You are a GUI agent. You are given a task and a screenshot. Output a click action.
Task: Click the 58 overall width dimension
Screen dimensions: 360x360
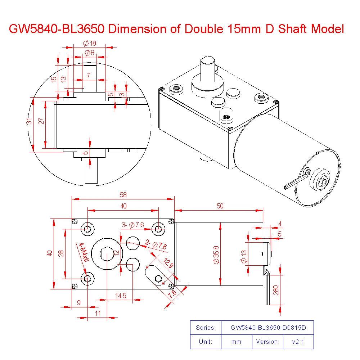coord(123,194)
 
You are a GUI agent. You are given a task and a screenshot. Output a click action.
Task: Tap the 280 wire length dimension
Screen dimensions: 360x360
coord(276,291)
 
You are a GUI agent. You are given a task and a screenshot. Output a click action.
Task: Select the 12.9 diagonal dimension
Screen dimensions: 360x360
coord(168,265)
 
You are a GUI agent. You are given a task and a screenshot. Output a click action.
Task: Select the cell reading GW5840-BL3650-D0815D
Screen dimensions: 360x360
coord(267,328)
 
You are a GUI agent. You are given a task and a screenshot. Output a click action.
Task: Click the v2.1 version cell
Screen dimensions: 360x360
coord(298,342)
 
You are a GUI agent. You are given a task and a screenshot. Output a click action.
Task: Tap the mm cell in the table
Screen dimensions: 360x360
coord(236,342)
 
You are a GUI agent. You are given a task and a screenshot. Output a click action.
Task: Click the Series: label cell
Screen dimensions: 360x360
coord(206,328)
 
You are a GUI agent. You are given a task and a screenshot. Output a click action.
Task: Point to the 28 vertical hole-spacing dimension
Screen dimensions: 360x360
coord(62,253)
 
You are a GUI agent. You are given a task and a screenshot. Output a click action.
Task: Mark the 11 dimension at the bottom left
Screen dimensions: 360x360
coord(98,313)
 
